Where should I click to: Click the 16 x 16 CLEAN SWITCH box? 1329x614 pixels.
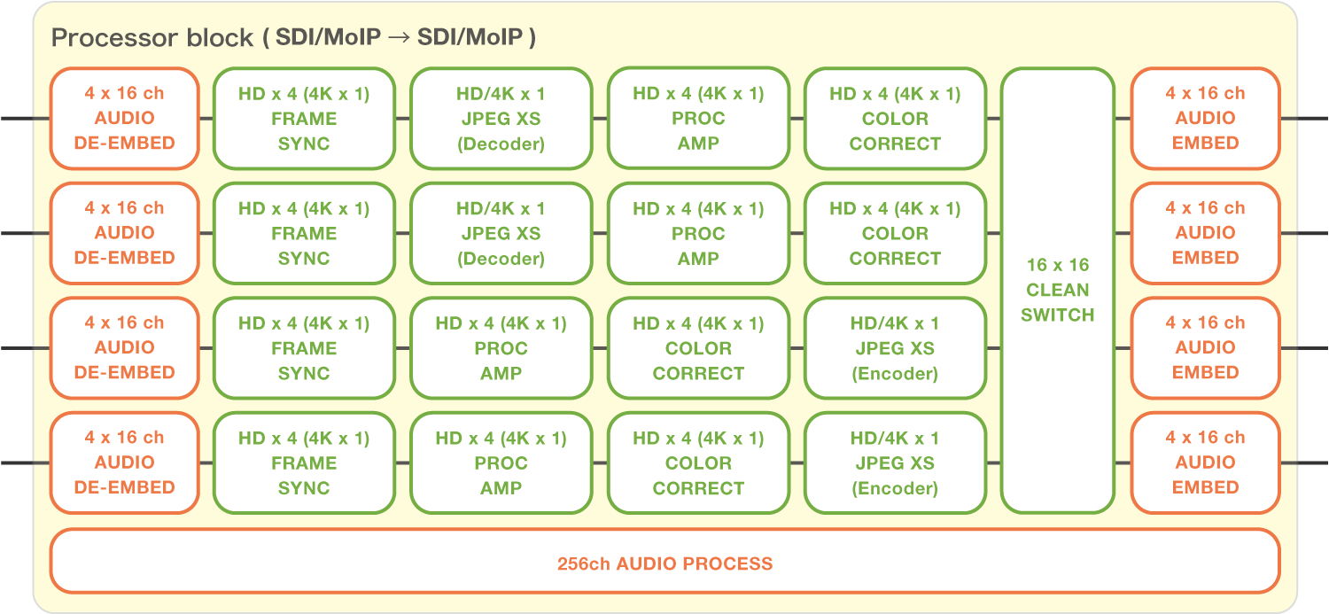coord(1057,291)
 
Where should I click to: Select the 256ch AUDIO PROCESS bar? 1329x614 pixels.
coord(664,563)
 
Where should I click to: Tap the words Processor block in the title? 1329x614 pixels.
coord(152,38)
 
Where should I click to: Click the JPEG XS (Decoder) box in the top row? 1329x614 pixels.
coord(501,119)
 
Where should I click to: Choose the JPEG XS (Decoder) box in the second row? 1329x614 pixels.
coord(501,234)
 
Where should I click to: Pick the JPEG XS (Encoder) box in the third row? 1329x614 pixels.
coord(895,348)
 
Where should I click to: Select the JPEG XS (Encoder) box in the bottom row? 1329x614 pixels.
coord(895,462)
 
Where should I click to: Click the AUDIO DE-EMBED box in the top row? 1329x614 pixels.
coord(124,118)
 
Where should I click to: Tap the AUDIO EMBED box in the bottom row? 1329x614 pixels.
coord(1205,462)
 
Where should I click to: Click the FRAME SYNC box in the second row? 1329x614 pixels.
coord(304,234)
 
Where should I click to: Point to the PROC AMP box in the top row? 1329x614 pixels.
coord(698,119)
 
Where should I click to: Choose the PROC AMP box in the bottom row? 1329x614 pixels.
coord(501,462)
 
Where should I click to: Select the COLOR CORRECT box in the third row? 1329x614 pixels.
coord(698,348)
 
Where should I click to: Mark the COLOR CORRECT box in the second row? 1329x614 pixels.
coord(895,234)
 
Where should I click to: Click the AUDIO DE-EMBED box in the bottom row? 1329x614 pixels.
coord(124,462)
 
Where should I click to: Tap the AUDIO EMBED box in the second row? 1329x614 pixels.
coord(1205,233)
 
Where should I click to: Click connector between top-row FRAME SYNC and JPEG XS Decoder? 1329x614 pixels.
coord(402,118)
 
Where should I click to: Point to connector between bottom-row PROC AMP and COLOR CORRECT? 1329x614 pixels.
coord(600,462)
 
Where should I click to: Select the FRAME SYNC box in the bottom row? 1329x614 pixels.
coord(304,462)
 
